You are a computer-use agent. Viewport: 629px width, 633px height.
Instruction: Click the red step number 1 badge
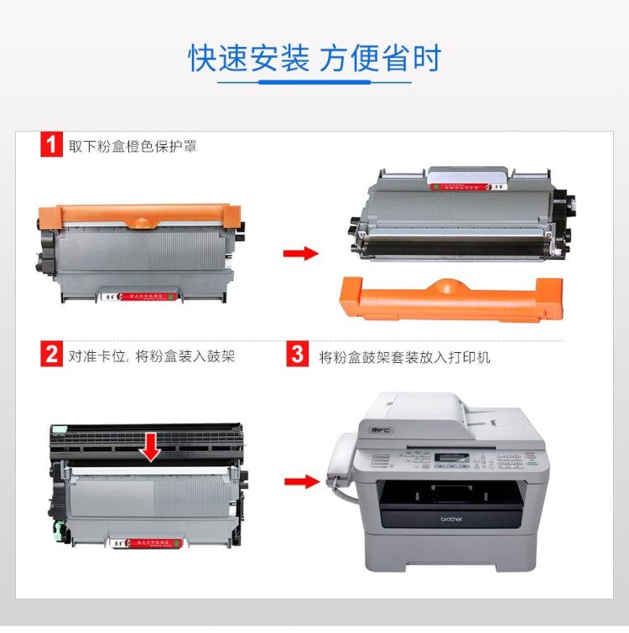52,145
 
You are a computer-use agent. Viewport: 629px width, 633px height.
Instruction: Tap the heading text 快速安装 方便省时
314,59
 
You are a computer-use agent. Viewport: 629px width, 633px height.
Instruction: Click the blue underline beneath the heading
314,82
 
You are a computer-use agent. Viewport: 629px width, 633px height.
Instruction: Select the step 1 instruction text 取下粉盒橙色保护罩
133,146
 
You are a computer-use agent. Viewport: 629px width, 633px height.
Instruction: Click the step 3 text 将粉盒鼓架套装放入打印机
404,356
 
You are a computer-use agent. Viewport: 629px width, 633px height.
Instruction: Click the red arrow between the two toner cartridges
300,253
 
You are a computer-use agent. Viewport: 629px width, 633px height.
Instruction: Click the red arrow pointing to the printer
300,481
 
